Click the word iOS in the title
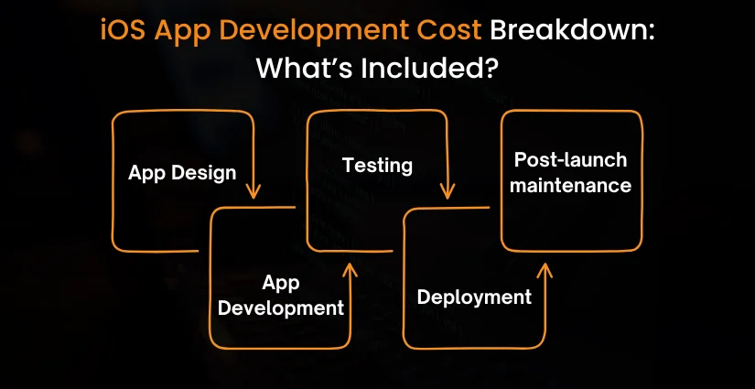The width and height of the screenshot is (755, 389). pyautogui.click(x=122, y=32)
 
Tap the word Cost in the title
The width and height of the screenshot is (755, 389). pyautogui.click(x=446, y=32)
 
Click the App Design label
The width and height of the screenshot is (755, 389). pyautogui.click(x=182, y=172)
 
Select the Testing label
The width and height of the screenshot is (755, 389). pyautogui.click(x=377, y=166)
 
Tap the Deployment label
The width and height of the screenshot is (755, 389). pyautogui.click(x=474, y=297)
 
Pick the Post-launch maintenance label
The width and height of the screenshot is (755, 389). pyautogui.click(x=570, y=172)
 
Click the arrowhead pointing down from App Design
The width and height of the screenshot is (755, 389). pyautogui.click(x=253, y=191)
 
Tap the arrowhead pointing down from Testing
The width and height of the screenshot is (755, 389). pyautogui.click(x=447, y=191)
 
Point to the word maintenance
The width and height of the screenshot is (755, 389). pyautogui.click(x=570, y=185)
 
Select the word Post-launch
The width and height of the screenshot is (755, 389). pyautogui.click(x=570, y=160)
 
